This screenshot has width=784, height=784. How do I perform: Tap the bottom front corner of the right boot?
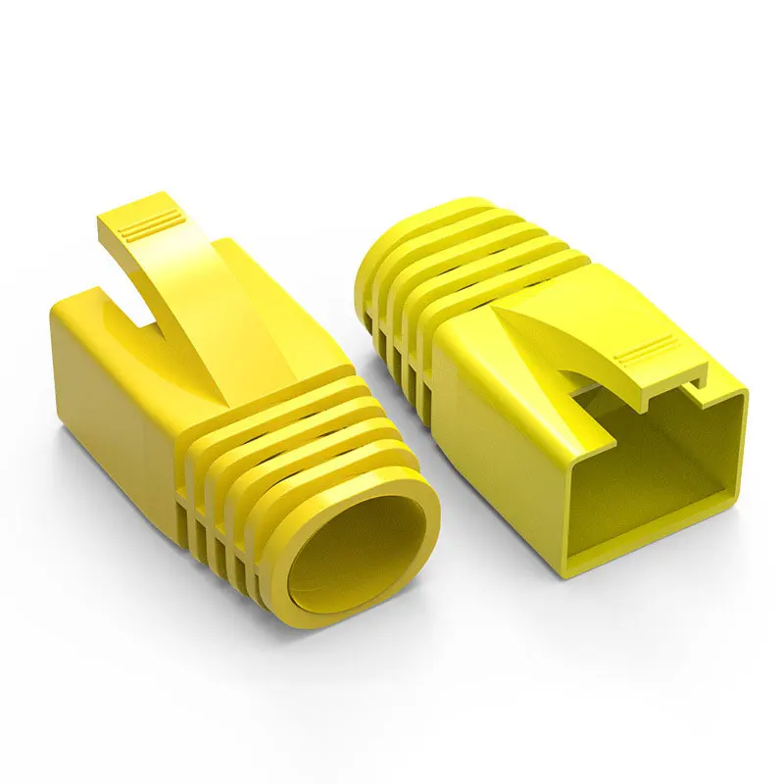point(563,573)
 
